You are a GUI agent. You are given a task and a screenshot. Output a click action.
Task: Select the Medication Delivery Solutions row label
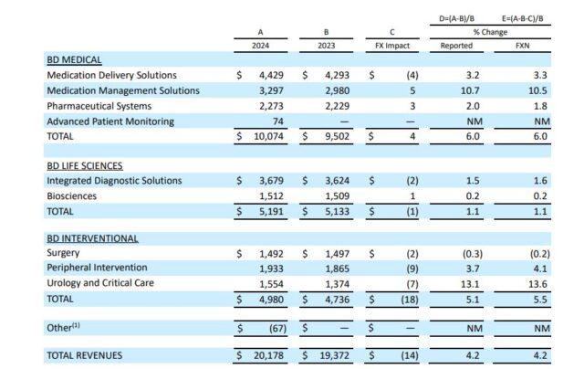(x=111, y=74)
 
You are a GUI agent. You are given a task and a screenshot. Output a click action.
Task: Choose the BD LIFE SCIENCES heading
(x=87, y=165)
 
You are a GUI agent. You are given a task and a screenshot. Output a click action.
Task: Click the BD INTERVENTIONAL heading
(x=92, y=239)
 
